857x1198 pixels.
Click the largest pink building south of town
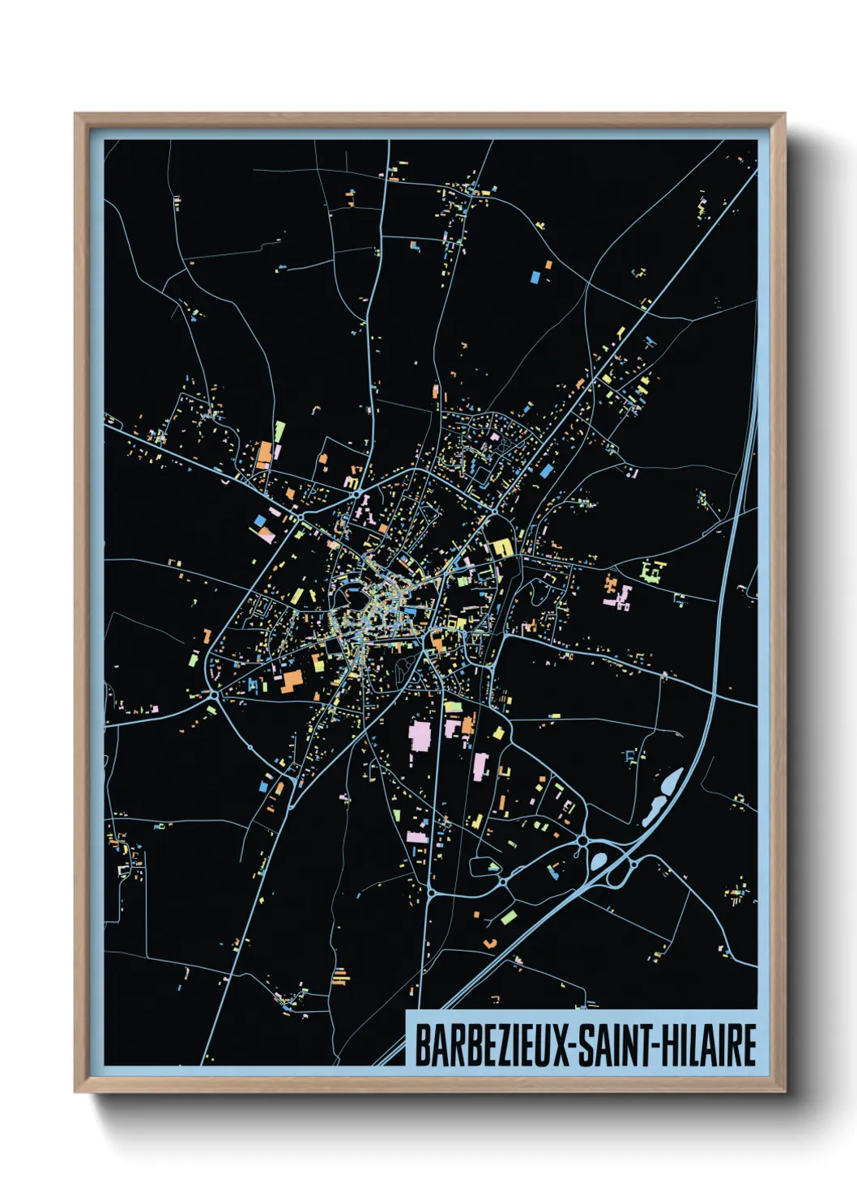pyautogui.click(x=420, y=737)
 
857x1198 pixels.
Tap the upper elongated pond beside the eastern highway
pyautogui.click(x=671, y=782)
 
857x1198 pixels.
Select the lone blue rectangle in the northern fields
pyautogui.click(x=535, y=277)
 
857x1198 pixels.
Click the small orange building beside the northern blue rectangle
pyautogui.click(x=548, y=265)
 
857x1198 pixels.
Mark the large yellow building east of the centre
pyautogui.click(x=503, y=548)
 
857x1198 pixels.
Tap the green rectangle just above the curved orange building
pyautogui.click(x=508, y=918)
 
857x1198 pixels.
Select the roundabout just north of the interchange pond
pyautogui.click(x=582, y=842)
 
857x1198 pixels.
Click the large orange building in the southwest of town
pyautogui.click(x=291, y=681)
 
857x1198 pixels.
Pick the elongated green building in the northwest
pyautogui.click(x=280, y=431)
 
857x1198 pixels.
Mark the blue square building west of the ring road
pyautogui.click(x=261, y=519)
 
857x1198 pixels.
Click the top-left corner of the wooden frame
pyautogui.click(x=76, y=115)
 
